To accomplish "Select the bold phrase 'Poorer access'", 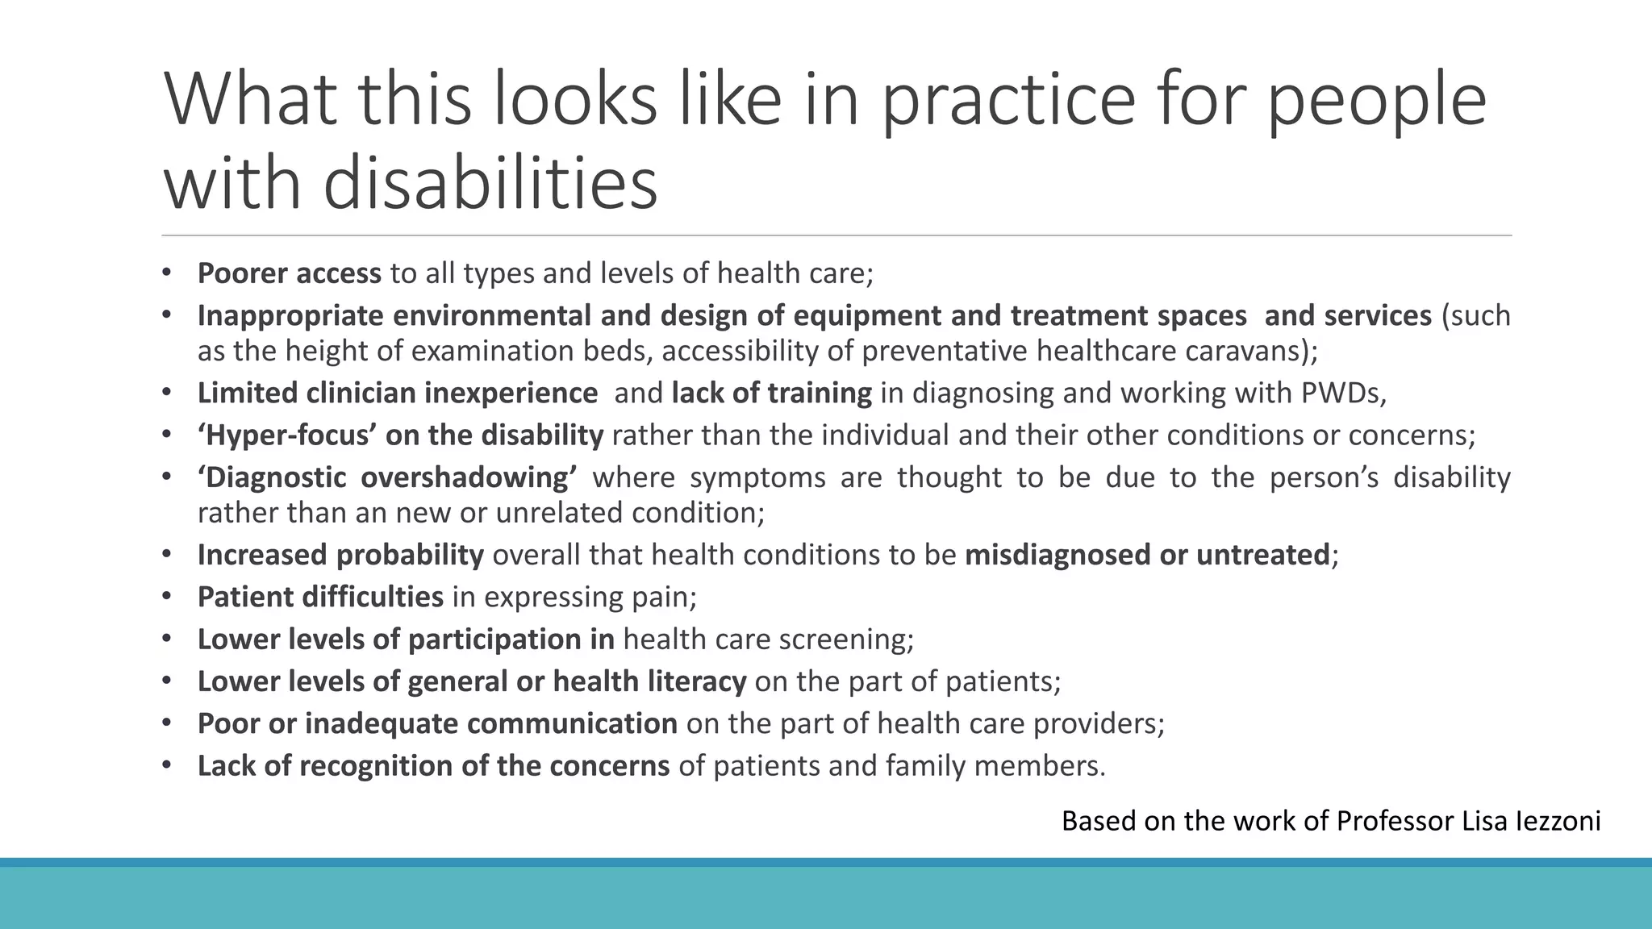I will [x=289, y=273].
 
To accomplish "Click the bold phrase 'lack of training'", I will [x=771, y=394].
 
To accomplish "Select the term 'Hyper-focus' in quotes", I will [x=287, y=435].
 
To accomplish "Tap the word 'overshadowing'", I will [x=468, y=477].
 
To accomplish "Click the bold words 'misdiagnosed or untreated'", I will [x=1146, y=555].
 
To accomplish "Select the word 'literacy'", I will [x=697, y=681].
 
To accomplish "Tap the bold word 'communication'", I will [x=572, y=723].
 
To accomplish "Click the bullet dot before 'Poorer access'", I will [x=167, y=273].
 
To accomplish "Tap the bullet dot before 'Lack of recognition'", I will [x=167, y=764].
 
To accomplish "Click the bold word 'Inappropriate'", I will [x=290, y=316].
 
